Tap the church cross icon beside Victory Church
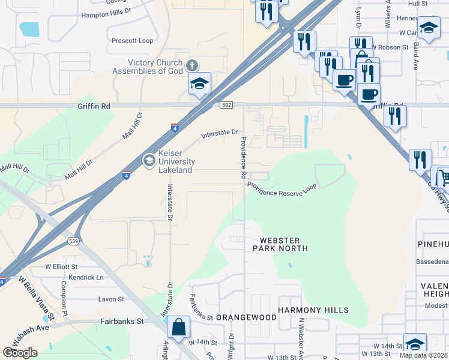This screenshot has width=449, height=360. tap(192, 65)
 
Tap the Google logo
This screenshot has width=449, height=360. tap(20, 353)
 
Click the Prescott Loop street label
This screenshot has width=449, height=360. tap(133, 41)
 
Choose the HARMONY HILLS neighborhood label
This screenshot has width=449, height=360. tap(313, 310)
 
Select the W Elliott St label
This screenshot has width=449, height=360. tap(61, 266)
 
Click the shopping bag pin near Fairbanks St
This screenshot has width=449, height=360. tap(178, 328)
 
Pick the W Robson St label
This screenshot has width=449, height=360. tap(390, 46)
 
